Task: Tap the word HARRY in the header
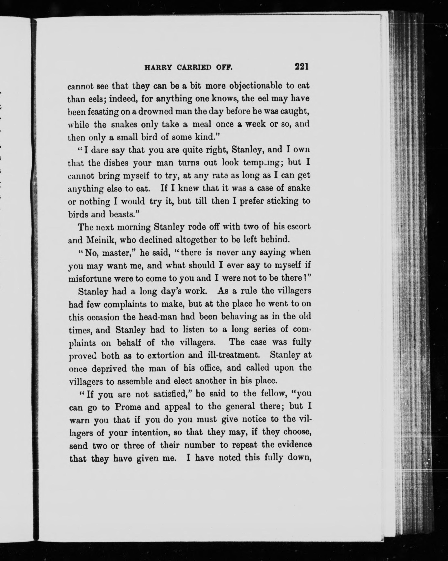point(158,68)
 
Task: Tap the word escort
point(298,227)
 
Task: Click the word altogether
point(192,240)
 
